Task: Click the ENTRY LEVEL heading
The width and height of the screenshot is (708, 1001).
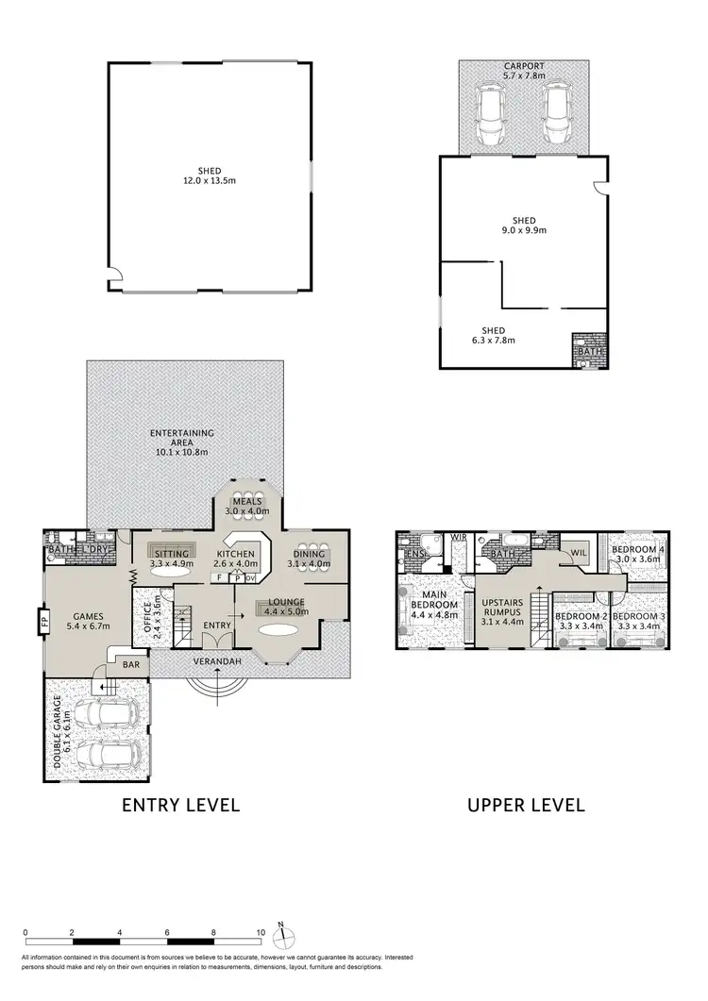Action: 180,805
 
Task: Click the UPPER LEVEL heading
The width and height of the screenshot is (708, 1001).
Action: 526,805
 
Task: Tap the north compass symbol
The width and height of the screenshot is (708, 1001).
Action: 280,937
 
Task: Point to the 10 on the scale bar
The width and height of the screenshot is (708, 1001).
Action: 261,931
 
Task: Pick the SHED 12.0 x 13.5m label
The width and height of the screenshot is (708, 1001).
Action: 209,175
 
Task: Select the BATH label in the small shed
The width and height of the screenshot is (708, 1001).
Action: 589,352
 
